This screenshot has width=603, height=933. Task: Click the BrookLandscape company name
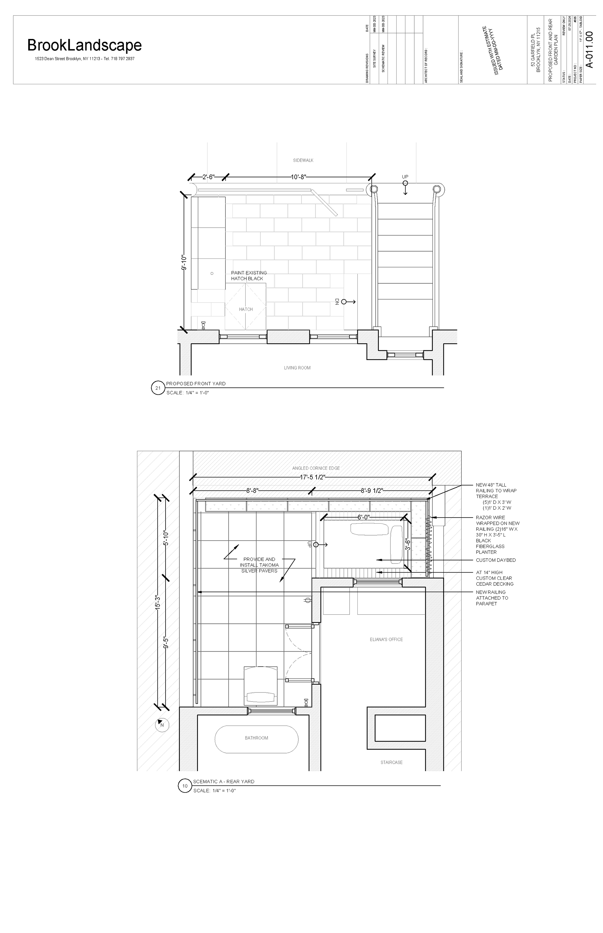click(x=84, y=46)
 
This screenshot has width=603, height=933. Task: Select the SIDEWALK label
click(x=303, y=160)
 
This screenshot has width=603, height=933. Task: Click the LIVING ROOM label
click(x=297, y=368)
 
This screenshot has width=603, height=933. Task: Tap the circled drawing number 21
click(x=158, y=388)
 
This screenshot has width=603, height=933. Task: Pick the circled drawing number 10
click(x=185, y=786)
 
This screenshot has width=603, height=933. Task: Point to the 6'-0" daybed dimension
click(x=363, y=517)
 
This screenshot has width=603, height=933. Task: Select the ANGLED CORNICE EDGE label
click(x=316, y=468)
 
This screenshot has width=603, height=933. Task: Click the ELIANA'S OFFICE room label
click(x=386, y=639)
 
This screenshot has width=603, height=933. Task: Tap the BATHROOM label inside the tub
click(x=257, y=738)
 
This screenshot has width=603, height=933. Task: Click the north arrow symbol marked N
click(x=162, y=725)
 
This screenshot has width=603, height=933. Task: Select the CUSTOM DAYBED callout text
click(x=496, y=560)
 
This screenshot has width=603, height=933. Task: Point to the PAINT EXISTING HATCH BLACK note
click(x=249, y=275)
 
